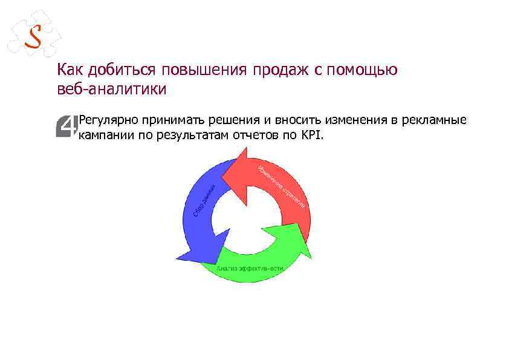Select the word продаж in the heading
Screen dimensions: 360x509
pos(279,70)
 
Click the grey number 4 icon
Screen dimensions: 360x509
pos(67,126)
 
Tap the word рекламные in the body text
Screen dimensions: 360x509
pos(437,120)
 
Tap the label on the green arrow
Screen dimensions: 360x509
pos(250,267)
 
